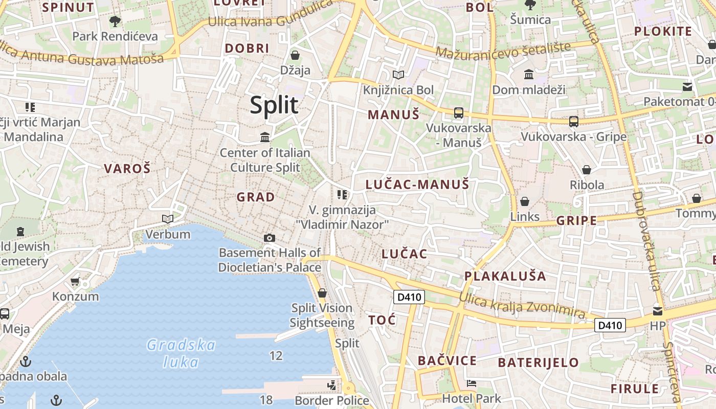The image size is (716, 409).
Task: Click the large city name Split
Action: point(274,105)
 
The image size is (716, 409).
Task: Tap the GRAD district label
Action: point(256,197)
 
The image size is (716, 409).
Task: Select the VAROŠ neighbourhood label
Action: point(127,168)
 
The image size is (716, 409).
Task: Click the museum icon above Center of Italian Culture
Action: point(265,137)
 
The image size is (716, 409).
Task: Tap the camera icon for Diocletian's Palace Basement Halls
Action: point(270,238)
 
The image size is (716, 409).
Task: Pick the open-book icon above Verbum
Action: point(168,219)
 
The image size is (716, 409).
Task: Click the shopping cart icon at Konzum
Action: point(75,281)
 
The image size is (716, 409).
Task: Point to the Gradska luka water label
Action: point(181,353)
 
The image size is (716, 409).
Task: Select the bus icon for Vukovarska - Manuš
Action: point(458,113)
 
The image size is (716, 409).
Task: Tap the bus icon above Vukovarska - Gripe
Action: point(574,122)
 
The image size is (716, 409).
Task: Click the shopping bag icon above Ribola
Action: point(587,169)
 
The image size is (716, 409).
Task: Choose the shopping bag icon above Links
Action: point(524,201)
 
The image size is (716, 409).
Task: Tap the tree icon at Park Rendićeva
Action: point(115,21)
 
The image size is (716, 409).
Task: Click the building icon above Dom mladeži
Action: point(529,75)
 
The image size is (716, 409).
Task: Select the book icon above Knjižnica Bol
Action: point(398,75)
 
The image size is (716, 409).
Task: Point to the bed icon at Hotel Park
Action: point(472,383)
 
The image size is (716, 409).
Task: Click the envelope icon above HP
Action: point(658,310)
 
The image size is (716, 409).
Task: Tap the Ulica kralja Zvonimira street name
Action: point(522,305)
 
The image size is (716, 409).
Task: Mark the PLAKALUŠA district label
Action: point(505,276)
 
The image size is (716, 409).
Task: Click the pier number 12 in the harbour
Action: point(276,355)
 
